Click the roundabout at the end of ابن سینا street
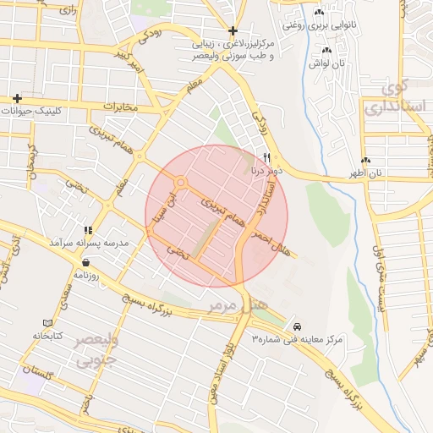click(180, 182)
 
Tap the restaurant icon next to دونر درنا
click(267, 157)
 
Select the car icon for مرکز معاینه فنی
click(296, 326)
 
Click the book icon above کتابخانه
click(47, 323)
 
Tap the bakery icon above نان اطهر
click(365, 161)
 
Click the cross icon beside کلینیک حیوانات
click(17, 97)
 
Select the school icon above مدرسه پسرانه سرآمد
click(88, 230)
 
